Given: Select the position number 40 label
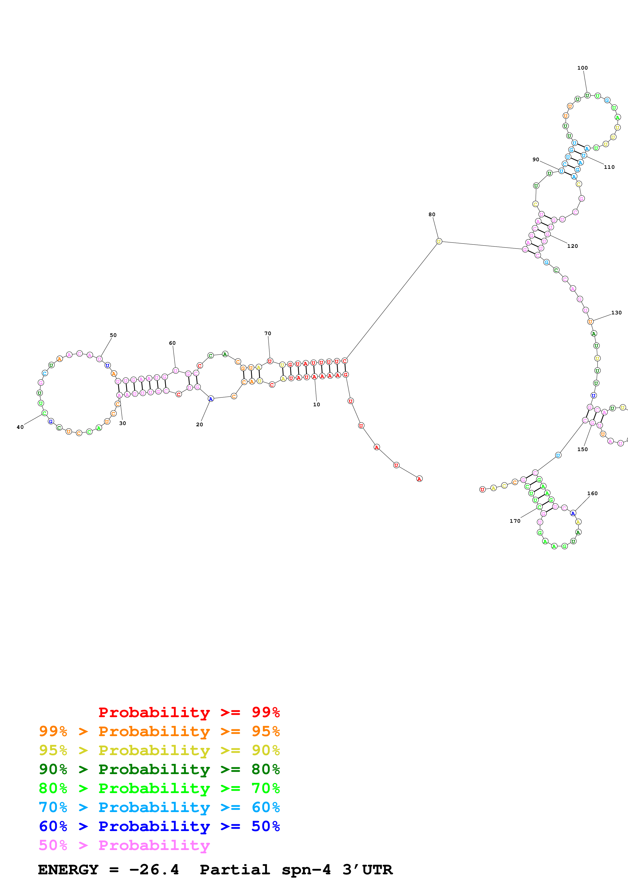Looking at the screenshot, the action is [x=20, y=427].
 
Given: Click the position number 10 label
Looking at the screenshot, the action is [x=316, y=405].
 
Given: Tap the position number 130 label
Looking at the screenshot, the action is [x=616, y=313].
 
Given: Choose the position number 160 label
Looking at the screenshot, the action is [x=592, y=494].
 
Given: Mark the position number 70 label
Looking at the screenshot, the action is [x=267, y=333].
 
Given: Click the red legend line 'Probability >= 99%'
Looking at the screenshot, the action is [x=189, y=712].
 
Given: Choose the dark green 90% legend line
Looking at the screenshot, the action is [x=159, y=769].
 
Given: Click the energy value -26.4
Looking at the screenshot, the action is [x=154, y=870].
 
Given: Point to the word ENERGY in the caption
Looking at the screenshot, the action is [x=68, y=870].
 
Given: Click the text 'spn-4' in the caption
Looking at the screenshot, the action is [x=306, y=870].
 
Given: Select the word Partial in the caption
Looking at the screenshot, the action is [x=235, y=870].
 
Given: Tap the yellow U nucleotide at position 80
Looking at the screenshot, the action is [x=439, y=241].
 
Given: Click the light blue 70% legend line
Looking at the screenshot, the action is [x=159, y=807].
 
